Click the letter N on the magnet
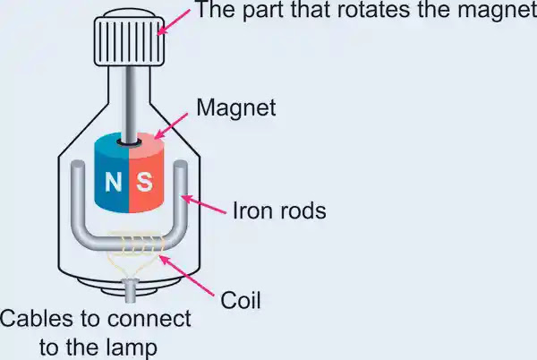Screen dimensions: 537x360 [x=113, y=182]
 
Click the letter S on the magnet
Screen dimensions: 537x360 [x=144, y=181]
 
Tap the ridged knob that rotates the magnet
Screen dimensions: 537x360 [x=129, y=41]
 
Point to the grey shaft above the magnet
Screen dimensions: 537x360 [x=130, y=104]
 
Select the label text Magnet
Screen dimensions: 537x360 [x=236, y=107]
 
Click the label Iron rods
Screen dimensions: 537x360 [x=279, y=210]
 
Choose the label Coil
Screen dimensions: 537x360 [x=241, y=300]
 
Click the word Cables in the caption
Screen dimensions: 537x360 [x=37, y=318]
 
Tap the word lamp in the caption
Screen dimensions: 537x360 [x=135, y=347]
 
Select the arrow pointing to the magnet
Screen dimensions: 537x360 [x=171, y=125]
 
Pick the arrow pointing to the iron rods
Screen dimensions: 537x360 [x=203, y=204]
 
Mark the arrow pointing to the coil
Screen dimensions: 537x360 [x=187, y=276]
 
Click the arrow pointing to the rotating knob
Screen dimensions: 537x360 [x=174, y=21]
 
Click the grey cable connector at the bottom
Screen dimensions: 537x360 [x=130, y=290]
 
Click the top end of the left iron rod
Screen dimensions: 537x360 [x=78, y=164]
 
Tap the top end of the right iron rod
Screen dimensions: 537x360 [x=181, y=164]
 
